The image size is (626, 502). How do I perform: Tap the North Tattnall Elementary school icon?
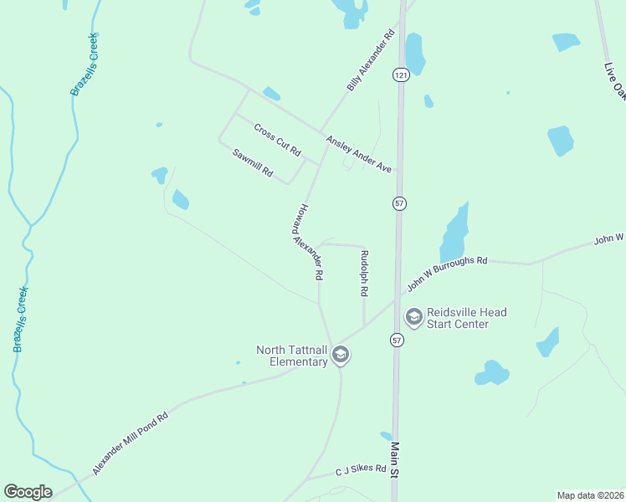click(x=340, y=356)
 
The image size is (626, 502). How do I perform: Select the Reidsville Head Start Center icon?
click(x=413, y=317)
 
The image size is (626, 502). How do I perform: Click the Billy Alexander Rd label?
click(x=371, y=62)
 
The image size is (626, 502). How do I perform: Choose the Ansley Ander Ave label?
click(x=359, y=154)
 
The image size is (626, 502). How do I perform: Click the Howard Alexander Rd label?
click(x=307, y=242)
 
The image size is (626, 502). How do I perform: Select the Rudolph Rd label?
click(x=364, y=274)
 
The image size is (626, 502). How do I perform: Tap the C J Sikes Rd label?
click(x=361, y=469)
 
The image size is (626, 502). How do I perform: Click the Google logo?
click(x=28, y=492)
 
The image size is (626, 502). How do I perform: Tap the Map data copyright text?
click(x=590, y=494)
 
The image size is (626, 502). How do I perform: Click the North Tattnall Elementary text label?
click(x=291, y=356)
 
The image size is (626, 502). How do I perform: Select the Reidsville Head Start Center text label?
click(x=466, y=318)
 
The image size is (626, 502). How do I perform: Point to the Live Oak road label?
click(x=615, y=79)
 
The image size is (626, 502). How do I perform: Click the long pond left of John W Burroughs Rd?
click(x=453, y=235)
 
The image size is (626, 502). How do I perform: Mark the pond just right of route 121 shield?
click(x=415, y=54)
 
